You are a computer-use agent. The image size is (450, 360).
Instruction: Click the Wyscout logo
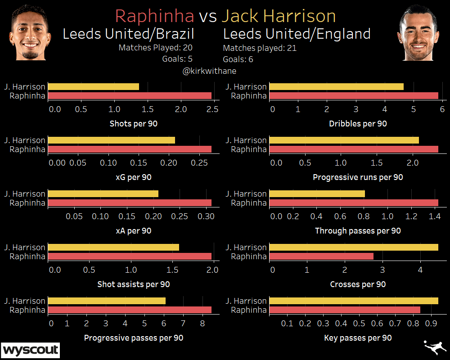click(x=31, y=350)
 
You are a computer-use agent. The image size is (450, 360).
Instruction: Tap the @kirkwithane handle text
click(x=209, y=71)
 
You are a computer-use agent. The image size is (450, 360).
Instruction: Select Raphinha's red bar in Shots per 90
click(x=130, y=96)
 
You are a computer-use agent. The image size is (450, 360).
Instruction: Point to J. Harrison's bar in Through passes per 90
click(x=317, y=193)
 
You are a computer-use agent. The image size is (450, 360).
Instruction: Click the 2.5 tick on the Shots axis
click(x=213, y=109)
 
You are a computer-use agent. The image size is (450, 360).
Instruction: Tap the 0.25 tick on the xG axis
click(x=198, y=163)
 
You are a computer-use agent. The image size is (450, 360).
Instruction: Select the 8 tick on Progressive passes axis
click(x=202, y=323)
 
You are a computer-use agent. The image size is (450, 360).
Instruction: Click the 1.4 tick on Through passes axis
click(x=434, y=216)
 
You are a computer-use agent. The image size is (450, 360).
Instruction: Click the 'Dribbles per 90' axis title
click(x=358, y=124)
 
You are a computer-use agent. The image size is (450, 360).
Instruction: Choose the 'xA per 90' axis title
click(x=133, y=231)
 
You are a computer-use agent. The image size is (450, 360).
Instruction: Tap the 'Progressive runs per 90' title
click(x=358, y=177)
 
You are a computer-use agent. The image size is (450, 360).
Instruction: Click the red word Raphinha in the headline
click(x=154, y=16)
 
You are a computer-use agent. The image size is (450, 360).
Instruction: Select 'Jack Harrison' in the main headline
click(x=279, y=16)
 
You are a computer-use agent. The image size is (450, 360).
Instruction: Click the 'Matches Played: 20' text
click(x=156, y=47)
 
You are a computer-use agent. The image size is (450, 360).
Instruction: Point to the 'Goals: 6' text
click(x=238, y=59)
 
